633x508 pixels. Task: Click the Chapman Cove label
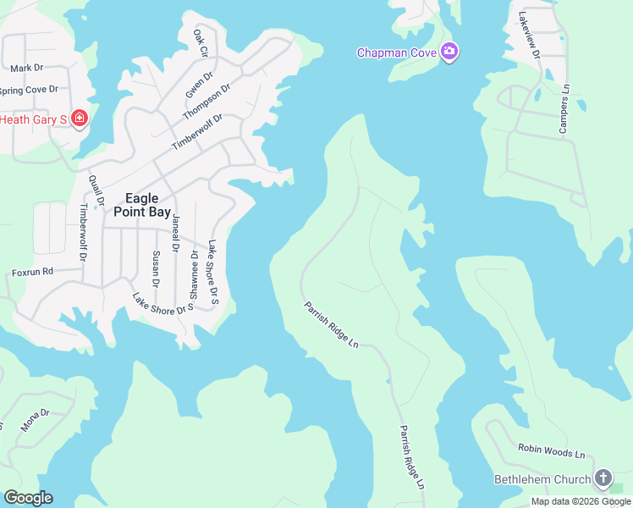coord(396,52)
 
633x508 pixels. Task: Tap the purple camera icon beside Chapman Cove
coord(449,52)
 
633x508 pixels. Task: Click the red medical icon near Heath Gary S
coord(80,119)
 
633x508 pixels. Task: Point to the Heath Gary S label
coord(34,119)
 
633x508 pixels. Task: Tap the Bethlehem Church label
coord(542,479)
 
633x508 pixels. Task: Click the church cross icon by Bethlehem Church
coord(603,478)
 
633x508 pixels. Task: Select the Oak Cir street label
coord(201,43)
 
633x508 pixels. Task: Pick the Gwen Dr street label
coord(195,85)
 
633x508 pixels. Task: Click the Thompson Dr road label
coord(206,101)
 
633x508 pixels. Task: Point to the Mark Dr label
coord(27,68)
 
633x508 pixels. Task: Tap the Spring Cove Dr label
coord(28,89)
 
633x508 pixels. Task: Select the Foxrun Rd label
coord(33,272)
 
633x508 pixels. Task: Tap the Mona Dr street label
coord(36,420)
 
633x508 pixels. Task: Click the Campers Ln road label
coord(563,108)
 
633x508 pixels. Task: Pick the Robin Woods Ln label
coord(552,454)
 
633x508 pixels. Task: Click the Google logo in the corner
coord(28,498)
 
